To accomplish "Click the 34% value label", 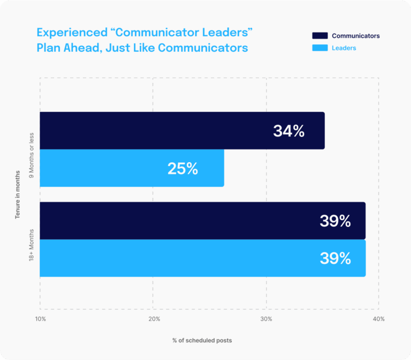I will point(288,131).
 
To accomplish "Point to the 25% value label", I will point(182,168).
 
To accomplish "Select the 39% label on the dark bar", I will point(335,221).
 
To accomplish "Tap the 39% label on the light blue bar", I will point(335,258).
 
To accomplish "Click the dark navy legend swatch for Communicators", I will point(319,36).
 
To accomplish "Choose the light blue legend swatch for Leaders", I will point(319,48).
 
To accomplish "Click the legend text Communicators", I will point(355,36).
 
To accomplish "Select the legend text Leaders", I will point(344,48).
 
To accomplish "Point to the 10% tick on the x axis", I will point(40,319).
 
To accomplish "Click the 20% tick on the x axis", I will point(154,319).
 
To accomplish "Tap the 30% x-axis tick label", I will point(266,319).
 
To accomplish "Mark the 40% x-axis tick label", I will point(378,319).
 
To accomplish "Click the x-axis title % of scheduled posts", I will point(202,340).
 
